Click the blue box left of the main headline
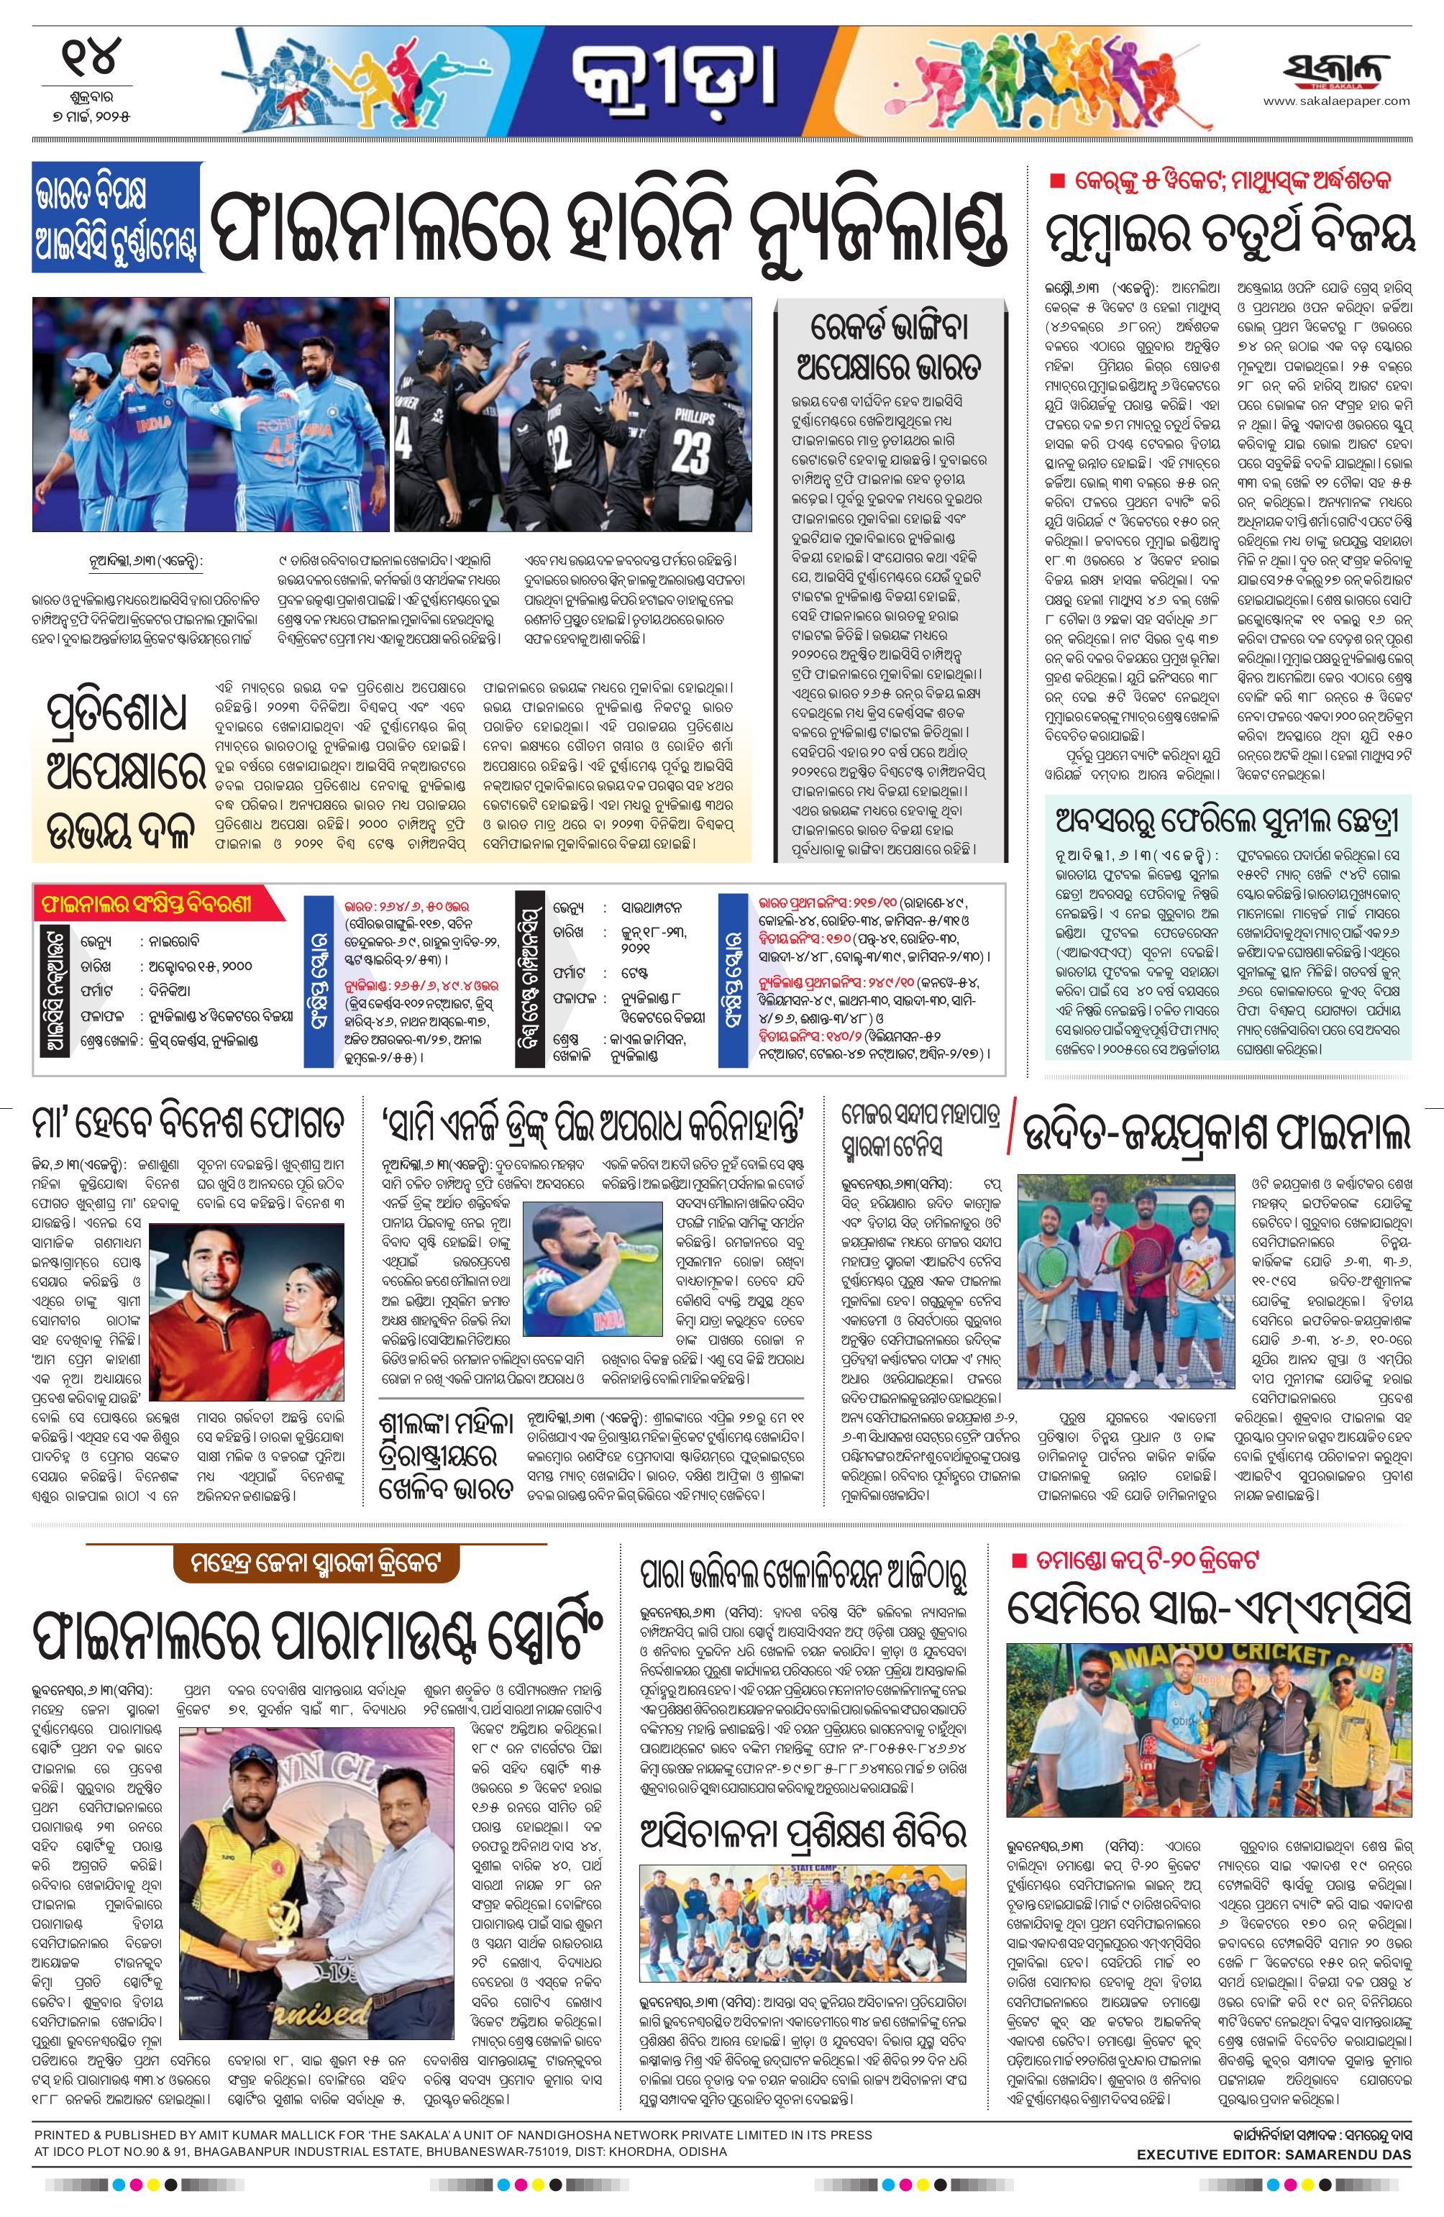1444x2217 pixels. [116, 216]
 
